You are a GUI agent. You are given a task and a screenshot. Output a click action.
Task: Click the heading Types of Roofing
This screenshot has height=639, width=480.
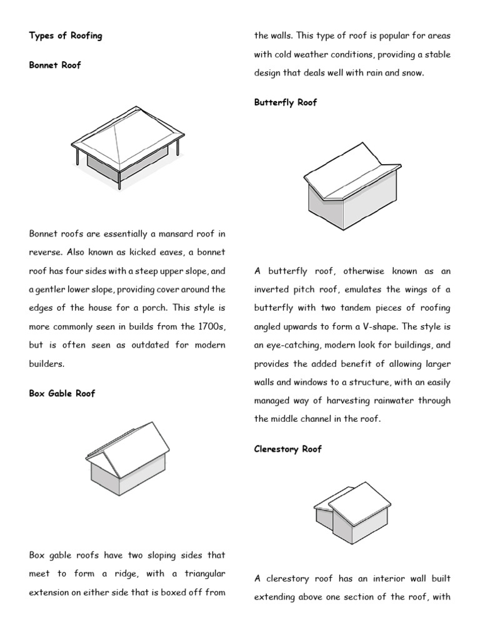coord(66,36)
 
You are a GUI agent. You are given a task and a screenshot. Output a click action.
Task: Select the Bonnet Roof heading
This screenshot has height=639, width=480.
coord(55,65)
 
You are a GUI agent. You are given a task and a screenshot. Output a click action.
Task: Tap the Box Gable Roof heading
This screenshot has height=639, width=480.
coord(62,394)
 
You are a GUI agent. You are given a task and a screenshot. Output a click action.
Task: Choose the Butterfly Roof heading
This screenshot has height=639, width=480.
coord(286,102)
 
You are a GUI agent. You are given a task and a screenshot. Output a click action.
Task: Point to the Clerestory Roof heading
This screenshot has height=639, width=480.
coord(288,449)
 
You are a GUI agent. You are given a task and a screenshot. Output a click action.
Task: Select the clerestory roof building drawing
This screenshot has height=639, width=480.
coord(351,512)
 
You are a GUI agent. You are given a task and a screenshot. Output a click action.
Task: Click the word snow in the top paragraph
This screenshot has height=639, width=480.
coord(411,73)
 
